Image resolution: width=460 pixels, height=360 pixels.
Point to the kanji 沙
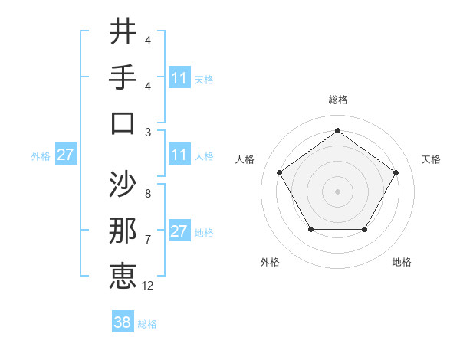coord(123,184)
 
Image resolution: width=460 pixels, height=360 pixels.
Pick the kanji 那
coord(123,231)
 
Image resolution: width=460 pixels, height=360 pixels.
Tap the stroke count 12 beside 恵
coord(148,286)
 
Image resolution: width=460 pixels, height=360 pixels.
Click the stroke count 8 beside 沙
coord(147,194)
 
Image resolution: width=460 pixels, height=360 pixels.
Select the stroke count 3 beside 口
coord(147,133)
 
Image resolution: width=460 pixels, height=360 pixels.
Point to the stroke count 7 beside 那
coord(147,240)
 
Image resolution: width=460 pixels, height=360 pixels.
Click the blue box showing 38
coord(123,323)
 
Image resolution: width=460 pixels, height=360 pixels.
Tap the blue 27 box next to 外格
coord(65,155)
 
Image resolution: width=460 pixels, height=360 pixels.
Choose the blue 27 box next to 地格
coord(179,232)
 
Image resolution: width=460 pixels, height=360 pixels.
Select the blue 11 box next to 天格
coord(179,78)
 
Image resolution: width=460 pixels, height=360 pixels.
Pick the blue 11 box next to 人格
coord(179,155)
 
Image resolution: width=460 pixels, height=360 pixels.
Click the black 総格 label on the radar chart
coord(337,100)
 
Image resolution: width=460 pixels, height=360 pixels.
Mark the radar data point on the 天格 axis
coord(396,172)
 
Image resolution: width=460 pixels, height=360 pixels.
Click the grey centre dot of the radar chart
coord(337,191)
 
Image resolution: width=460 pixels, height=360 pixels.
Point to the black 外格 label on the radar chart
coord(270,263)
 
